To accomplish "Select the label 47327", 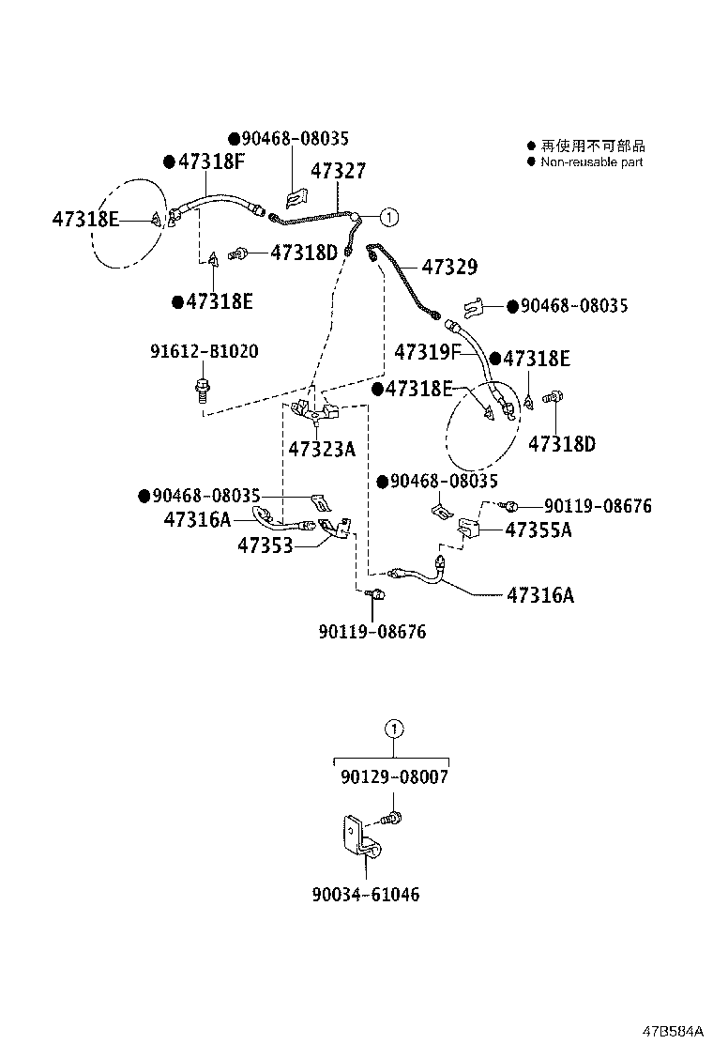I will coord(338,171).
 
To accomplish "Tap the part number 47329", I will coord(448,268).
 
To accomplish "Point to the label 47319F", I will coord(427,353).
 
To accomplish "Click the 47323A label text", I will coord(322,450).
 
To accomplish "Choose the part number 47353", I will coord(265,545).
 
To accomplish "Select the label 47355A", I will coord(539,530).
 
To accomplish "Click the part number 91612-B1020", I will coord(205,351).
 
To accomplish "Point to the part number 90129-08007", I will coord(394,777).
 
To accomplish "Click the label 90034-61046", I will coord(366,895).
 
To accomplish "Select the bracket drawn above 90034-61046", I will coord(357,844).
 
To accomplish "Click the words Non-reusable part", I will coord(592,161).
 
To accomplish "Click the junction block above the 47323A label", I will coord(314,408).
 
